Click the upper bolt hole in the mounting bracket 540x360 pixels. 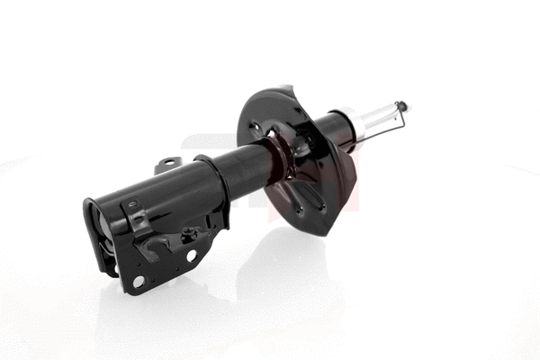(192, 256)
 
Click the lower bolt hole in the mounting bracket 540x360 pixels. (139, 282)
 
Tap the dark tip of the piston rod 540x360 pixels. (402, 105)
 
